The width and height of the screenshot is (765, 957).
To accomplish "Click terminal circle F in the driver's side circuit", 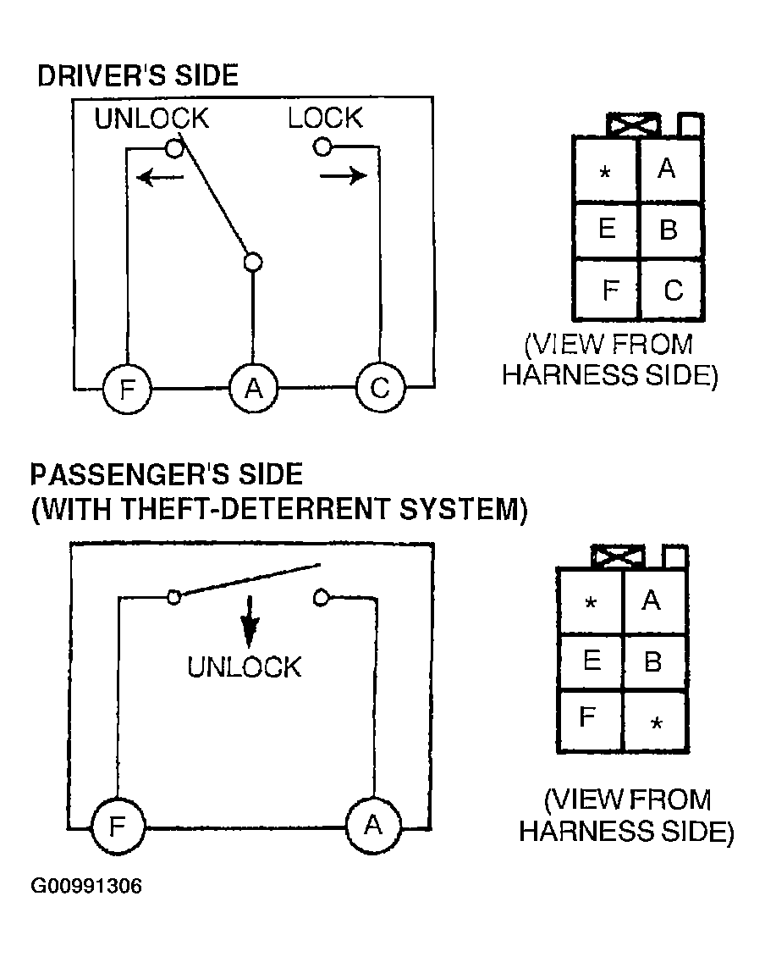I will coord(127,389).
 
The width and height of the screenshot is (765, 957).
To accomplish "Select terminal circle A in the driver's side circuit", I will coord(253,389).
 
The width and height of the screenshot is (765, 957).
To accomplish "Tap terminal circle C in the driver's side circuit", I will coord(380,389).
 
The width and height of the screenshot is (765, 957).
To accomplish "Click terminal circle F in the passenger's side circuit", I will coord(118,826).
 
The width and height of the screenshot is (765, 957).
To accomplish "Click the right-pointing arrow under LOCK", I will coord(344,176).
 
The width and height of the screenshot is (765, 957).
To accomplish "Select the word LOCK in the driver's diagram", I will coord(325,119).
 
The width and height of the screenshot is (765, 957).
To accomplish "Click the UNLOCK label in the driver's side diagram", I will coord(151,119).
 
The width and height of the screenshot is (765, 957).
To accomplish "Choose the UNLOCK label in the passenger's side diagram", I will coord(244,667).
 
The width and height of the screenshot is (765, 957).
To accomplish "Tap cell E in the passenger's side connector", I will coord(591,661).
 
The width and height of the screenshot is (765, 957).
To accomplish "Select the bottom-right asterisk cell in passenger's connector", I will coord(655,722).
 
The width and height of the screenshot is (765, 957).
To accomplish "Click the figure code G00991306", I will coord(86,887).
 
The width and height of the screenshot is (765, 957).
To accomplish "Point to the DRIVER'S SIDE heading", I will coord(138,75).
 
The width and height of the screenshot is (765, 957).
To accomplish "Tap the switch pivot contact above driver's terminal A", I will coord(252,262).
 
